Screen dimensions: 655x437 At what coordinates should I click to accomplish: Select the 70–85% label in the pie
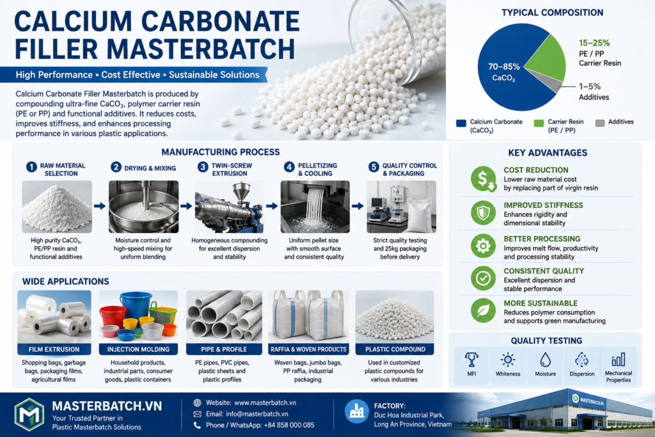tap(504, 67)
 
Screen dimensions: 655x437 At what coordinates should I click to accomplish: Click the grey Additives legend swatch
tap(600, 123)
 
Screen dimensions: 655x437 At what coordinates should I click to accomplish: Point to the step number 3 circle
tap(203, 167)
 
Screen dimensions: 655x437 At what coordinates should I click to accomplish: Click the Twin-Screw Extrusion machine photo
tap(230, 207)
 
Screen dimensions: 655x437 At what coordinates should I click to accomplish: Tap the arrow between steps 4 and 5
tap(358, 206)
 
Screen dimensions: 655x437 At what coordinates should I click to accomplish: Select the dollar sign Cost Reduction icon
tap(484, 179)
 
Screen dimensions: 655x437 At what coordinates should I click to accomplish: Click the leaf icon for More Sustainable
tap(484, 310)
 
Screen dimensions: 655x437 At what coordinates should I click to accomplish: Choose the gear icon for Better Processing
tap(484, 246)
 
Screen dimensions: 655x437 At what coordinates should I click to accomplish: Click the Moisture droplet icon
tap(545, 360)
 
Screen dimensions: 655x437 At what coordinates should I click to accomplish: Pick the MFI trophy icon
tap(471, 360)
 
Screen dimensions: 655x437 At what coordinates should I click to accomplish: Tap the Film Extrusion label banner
tap(54, 349)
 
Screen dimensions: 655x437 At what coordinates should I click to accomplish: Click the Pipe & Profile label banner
tap(224, 349)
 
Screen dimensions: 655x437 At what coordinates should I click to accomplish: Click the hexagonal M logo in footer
tap(29, 415)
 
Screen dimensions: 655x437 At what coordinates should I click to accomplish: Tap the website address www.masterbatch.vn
tap(265, 402)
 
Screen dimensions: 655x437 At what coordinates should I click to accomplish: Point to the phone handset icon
tap(197, 425)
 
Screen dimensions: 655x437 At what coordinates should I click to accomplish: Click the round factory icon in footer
tap(357, 411)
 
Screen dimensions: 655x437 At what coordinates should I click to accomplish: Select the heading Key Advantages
tap(548, 153)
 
